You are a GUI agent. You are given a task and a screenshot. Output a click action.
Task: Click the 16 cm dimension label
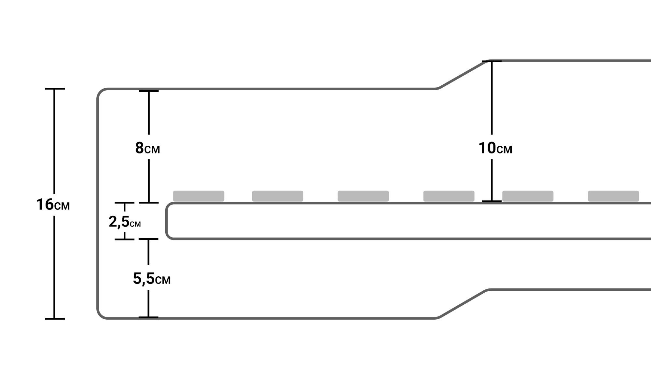[53, 205]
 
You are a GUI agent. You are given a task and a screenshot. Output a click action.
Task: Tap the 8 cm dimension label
[147, 148]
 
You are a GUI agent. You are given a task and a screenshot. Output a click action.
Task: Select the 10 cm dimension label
[495, 148]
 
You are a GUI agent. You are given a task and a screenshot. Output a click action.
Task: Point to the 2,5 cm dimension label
[125, 222]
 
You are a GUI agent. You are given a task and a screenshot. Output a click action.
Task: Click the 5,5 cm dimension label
[152, 279]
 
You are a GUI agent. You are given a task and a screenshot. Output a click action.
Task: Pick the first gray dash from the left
[199, 196]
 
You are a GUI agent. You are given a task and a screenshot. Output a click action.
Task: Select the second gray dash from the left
[278, 196]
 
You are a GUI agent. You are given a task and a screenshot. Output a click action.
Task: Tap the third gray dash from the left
[363, 196]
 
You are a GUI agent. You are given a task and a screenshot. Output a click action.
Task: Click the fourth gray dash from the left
[449, 196]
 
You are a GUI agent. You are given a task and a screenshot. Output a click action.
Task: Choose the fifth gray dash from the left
[528, 196]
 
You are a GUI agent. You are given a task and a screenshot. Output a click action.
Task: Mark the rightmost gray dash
[613, 196]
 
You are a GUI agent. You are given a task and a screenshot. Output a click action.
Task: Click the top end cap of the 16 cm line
[55, 89]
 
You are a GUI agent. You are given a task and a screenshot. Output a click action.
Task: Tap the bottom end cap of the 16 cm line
[55, 319]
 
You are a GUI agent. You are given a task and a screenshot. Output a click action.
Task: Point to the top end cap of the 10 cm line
[492, 61]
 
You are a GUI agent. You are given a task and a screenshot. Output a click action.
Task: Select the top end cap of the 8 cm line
[149, 91]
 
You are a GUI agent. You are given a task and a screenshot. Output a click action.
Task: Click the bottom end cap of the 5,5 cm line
[148, 317]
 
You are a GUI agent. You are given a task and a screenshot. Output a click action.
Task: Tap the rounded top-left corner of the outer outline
[100, 92]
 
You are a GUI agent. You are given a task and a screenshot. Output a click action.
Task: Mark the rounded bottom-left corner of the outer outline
[100, 315]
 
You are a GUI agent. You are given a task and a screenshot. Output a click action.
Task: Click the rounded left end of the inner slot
[167, 221]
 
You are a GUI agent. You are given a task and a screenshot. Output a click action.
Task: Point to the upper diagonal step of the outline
[462, 75]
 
